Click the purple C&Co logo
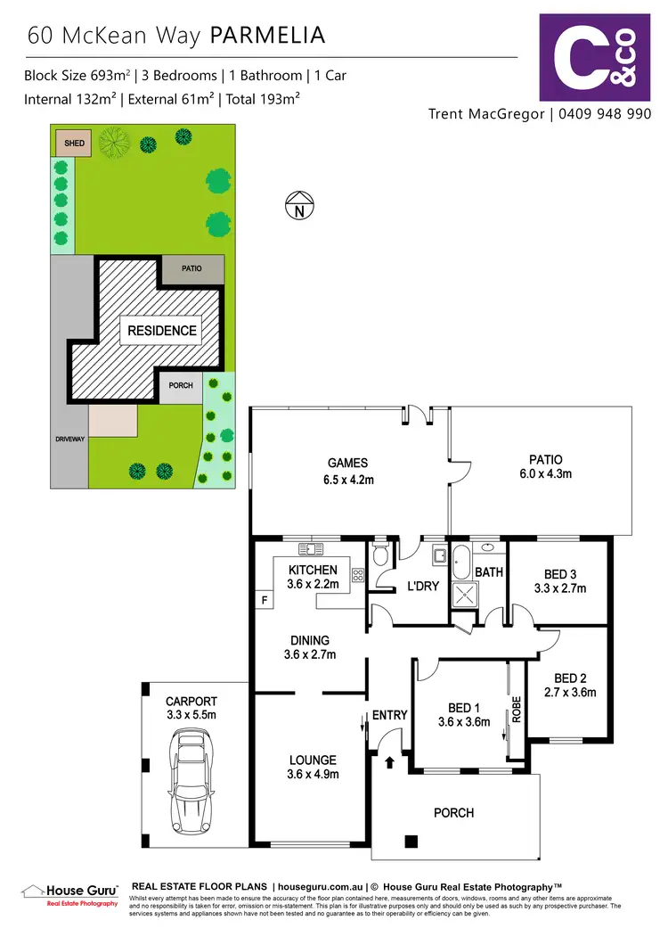[595, 56]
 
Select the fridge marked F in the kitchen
[264, 600]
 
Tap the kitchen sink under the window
[313, 549]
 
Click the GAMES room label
[347, 463]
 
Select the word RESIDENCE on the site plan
[161, 330]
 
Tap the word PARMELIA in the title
[267, 35]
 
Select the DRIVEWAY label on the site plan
[68, 440]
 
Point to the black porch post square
[410, 841]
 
